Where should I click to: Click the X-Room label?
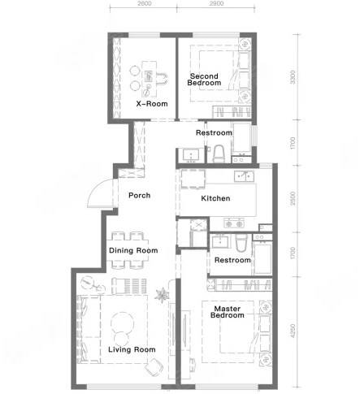[152, 104]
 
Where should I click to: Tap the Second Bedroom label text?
[204, 80]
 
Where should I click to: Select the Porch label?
[139, 195]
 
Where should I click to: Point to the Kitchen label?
[215, 198]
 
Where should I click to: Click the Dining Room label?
[133, 250]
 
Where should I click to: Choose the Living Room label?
[132, 349]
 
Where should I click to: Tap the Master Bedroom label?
[228, 312]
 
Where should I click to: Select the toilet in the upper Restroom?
[219, 154]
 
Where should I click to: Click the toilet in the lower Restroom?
[241, 243]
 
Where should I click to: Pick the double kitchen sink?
[244, 176]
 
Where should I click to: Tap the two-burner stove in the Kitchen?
[234, 223]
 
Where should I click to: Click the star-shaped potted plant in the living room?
[162, 295]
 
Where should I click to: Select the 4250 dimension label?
[293, 331]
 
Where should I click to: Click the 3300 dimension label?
[293, 77]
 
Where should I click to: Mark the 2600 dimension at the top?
[145, 3]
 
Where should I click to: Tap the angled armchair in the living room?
[154, 367]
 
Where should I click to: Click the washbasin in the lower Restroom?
[221, 241]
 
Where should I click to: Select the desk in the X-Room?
[150, 79]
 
